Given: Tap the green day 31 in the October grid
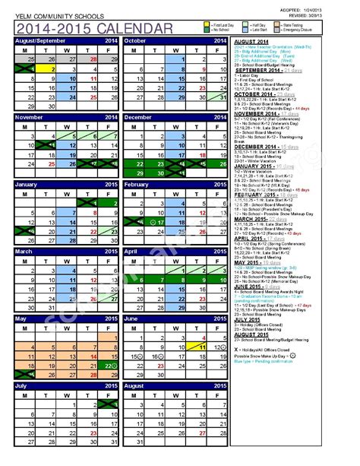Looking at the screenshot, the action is point(216,97).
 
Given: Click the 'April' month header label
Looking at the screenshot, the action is point(131,252).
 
